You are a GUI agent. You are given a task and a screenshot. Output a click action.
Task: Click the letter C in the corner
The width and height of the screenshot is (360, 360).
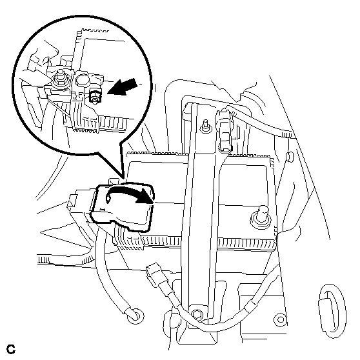[x=11, y=349]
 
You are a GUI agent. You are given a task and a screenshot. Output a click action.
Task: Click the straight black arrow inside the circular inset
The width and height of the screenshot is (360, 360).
[x=123, y=87]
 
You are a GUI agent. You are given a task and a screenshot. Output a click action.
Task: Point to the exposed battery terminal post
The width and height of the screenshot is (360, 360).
[x=261, y=216]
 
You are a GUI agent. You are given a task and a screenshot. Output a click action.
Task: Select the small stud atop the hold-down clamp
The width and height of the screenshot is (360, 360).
[x=205, y=126]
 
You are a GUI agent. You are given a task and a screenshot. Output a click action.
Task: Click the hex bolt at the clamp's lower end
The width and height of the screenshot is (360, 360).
[x=197, y=314]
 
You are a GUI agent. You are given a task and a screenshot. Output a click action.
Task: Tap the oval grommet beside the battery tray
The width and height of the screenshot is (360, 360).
[x=332, y=310]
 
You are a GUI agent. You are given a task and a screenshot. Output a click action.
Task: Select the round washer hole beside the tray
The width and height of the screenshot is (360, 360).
[x=281, y=319]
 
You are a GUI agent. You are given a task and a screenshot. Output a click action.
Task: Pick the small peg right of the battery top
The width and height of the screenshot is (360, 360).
[x=290, y=157]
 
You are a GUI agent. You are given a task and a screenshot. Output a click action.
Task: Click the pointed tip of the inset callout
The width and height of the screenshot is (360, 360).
[x=123, y=177]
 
